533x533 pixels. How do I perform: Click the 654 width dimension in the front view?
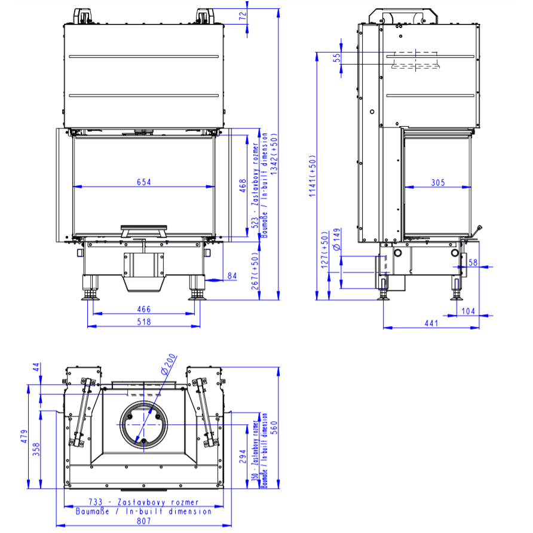click(144, 182)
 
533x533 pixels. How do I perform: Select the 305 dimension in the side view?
click(438, 183)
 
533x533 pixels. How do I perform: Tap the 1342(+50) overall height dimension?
click(274, 154)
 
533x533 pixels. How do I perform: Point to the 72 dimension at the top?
click(243, 16)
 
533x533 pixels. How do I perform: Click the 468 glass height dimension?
click(243, 186)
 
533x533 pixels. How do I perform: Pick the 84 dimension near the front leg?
click(232, 275)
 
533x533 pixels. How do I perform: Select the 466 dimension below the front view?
click(144, 310)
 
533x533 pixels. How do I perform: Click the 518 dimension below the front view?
click(144, 322)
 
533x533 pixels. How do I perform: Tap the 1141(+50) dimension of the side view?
click(313, 176)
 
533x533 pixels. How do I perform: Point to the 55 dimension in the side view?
click(337, 58)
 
